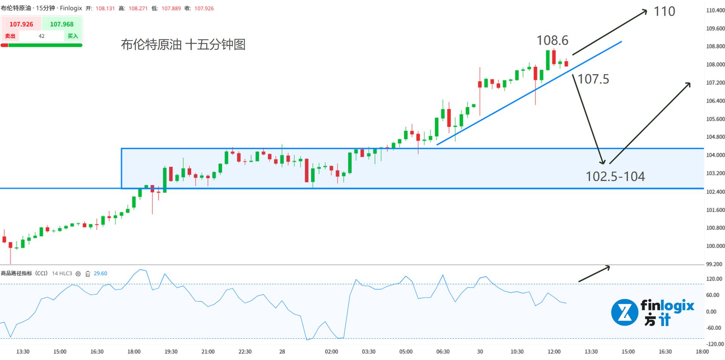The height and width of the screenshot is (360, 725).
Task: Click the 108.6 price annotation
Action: tap(552, 40)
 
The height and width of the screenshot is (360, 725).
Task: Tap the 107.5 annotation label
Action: tap(593, 79)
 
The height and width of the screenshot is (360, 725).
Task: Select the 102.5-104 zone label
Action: tap(615, 176)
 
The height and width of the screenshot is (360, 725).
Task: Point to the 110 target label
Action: tap(664, 11)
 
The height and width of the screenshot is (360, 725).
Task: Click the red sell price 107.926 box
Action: tap(21, 24)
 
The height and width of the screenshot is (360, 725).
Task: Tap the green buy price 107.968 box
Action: tap(62, 24)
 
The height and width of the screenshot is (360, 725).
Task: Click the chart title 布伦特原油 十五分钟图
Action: tap(183, 45)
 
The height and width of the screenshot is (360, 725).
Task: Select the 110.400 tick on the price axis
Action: tap(715, 11)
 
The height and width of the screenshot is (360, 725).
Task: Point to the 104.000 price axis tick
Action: tap(715, 155)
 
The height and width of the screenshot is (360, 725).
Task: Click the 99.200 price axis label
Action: tap(714, 264)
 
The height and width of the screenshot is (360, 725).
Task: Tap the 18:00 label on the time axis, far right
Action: tap(702, 352)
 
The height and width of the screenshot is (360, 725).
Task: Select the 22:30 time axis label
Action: tap(245, 352)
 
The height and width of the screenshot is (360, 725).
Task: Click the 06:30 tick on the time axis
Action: tap(443, 352)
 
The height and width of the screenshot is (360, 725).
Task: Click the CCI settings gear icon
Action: tap(78, 274)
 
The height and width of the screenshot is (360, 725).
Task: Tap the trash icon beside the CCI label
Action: tap(88, 274)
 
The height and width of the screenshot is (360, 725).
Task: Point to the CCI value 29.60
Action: tap(100, 274)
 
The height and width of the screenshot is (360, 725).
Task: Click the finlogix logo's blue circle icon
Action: tap(624, 312)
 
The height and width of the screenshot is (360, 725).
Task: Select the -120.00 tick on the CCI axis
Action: tap(714, 344)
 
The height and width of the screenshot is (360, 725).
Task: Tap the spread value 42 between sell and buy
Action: tap(42, 36)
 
